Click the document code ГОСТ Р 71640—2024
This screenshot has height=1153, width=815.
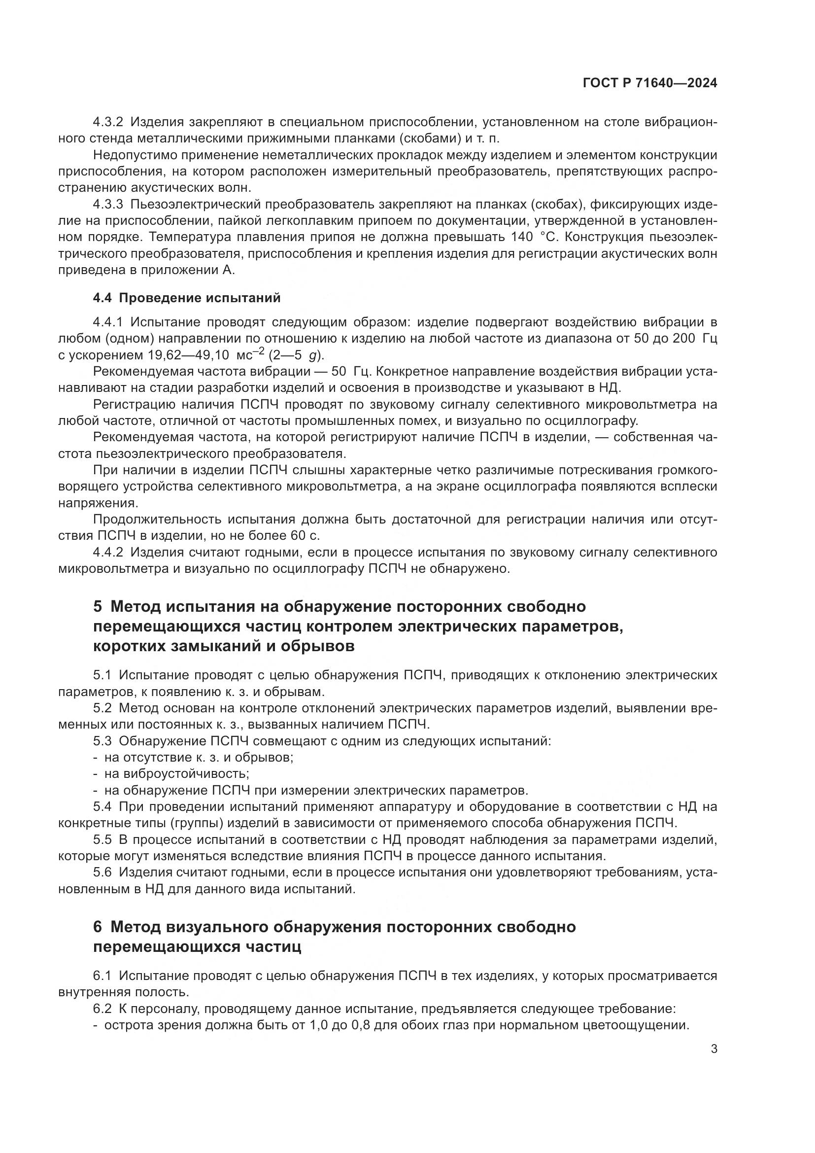point(650,83)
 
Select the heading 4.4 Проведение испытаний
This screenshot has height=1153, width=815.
point(187,298)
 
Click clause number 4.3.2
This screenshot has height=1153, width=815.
point(108,122)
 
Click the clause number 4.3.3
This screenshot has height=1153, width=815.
point(108,205)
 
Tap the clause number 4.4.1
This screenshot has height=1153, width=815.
point(108,322)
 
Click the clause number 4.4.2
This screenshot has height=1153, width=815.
point(108,553)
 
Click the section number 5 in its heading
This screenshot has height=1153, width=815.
point(98,607)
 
